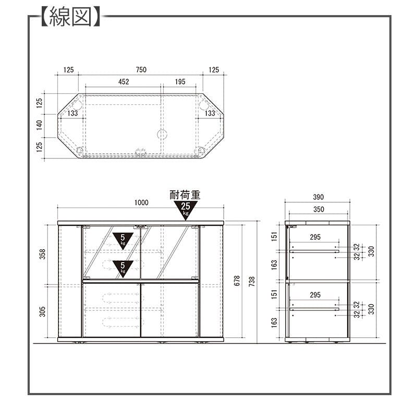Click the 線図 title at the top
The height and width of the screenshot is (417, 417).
pyautogui.click(x=71, y=17)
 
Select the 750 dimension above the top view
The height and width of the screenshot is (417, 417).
pyautogui.click(x=141, y=70)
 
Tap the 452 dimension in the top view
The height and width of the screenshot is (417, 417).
pyautogui.click(x=124, y=82)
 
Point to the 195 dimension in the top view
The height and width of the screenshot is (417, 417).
pyautogui.click(x=180, y=82)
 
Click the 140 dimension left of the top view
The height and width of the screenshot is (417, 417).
pyautogui.click(x=40, y=125)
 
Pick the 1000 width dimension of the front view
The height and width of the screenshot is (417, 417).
pyautogui.click(x=141, y=203)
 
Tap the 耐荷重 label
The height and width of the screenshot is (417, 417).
pyautogui.click(x=185, y=195)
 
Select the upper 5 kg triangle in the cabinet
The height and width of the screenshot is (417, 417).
pyautogui.click(x=122, y=241)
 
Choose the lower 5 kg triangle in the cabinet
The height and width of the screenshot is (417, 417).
pyautogui.click(x=122, y=268)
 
